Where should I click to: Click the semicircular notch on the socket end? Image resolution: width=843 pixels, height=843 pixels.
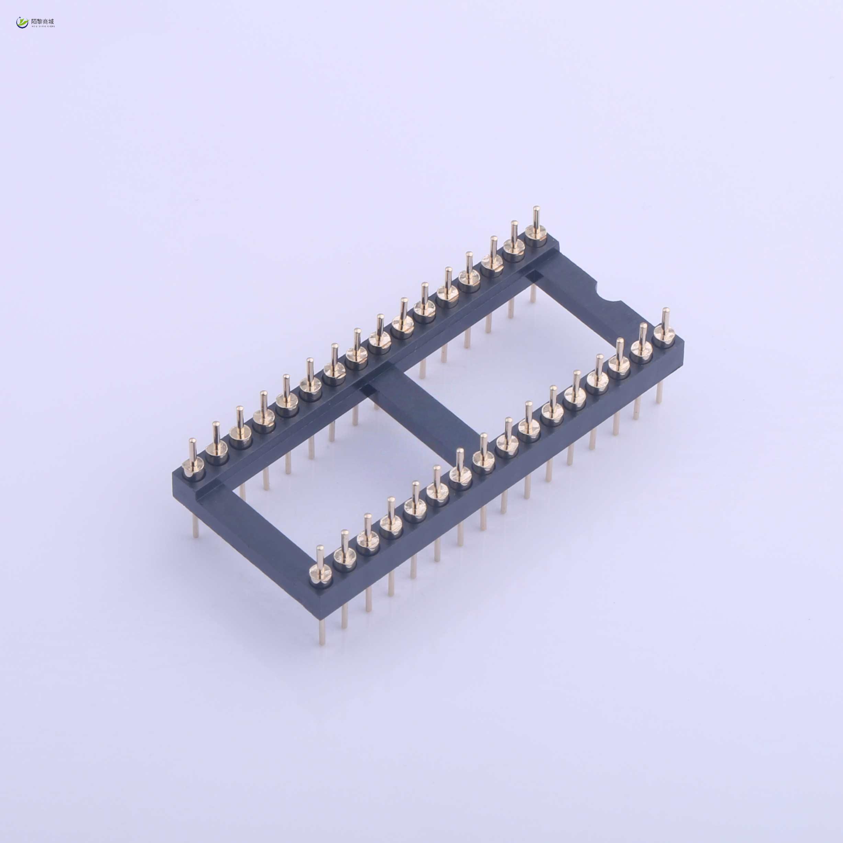[607, 294]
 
